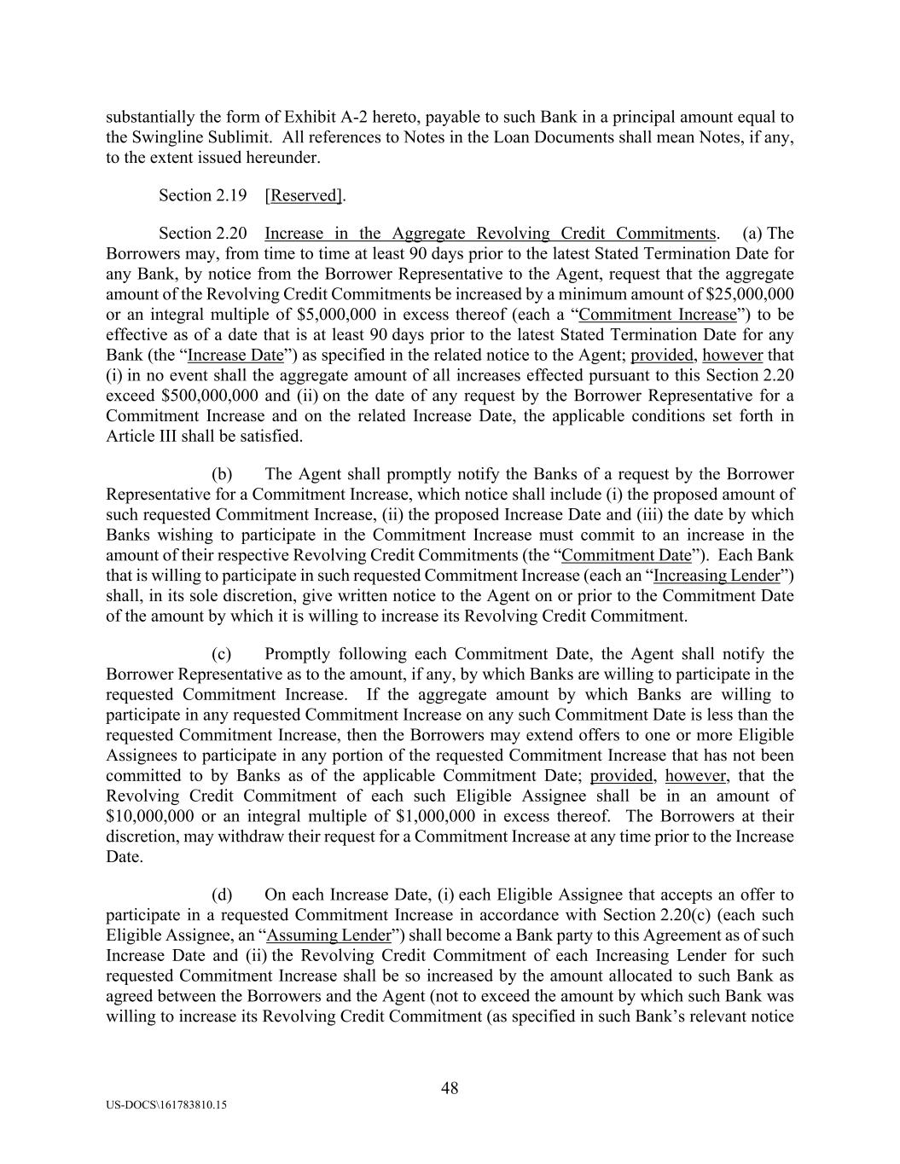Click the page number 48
(450, 1088)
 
